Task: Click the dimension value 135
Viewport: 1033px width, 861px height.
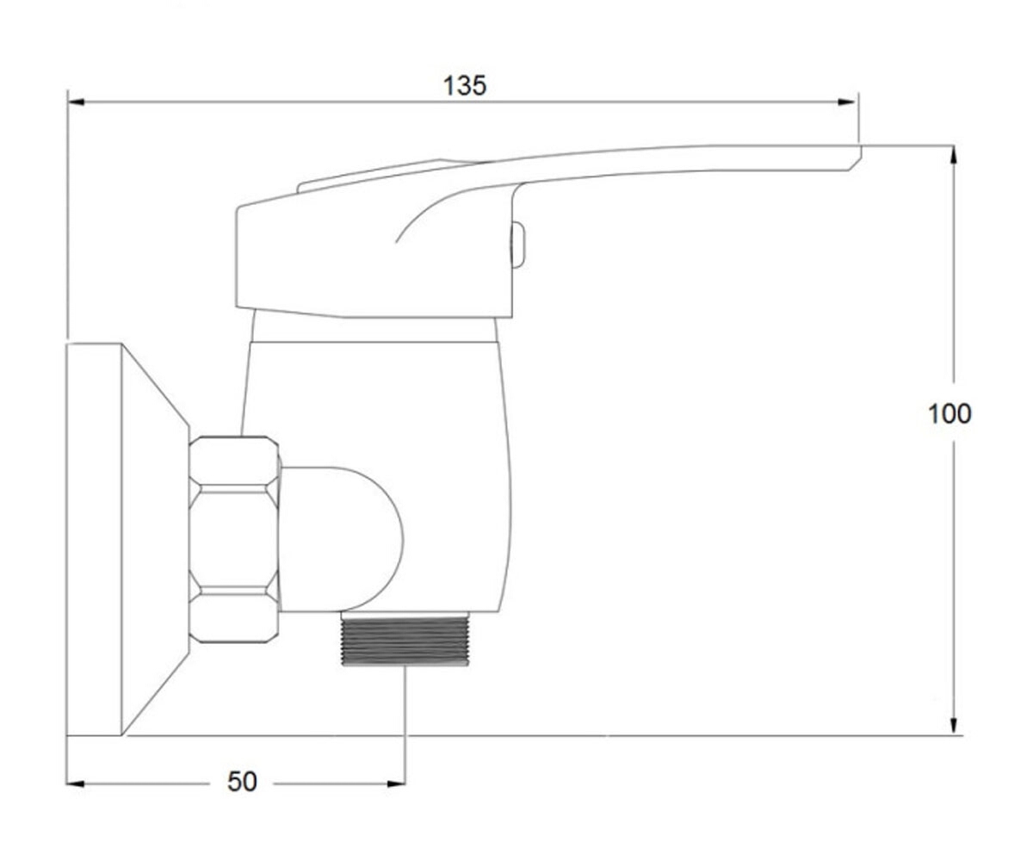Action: (x=465, y=85)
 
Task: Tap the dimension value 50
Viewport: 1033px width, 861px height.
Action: (x=242, y=782)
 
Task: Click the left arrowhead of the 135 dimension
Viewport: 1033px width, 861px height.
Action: (x=76, y=102)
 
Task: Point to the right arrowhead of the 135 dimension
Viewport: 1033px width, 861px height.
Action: (x=846, y=102)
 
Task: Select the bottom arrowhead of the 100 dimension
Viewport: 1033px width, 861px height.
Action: (x=954, y=727)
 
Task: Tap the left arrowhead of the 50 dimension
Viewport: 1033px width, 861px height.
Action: (x=75, y=784)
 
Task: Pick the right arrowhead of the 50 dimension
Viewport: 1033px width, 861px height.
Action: (x=396, y=784)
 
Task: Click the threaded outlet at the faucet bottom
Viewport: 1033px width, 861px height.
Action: (x=405, y=639)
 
